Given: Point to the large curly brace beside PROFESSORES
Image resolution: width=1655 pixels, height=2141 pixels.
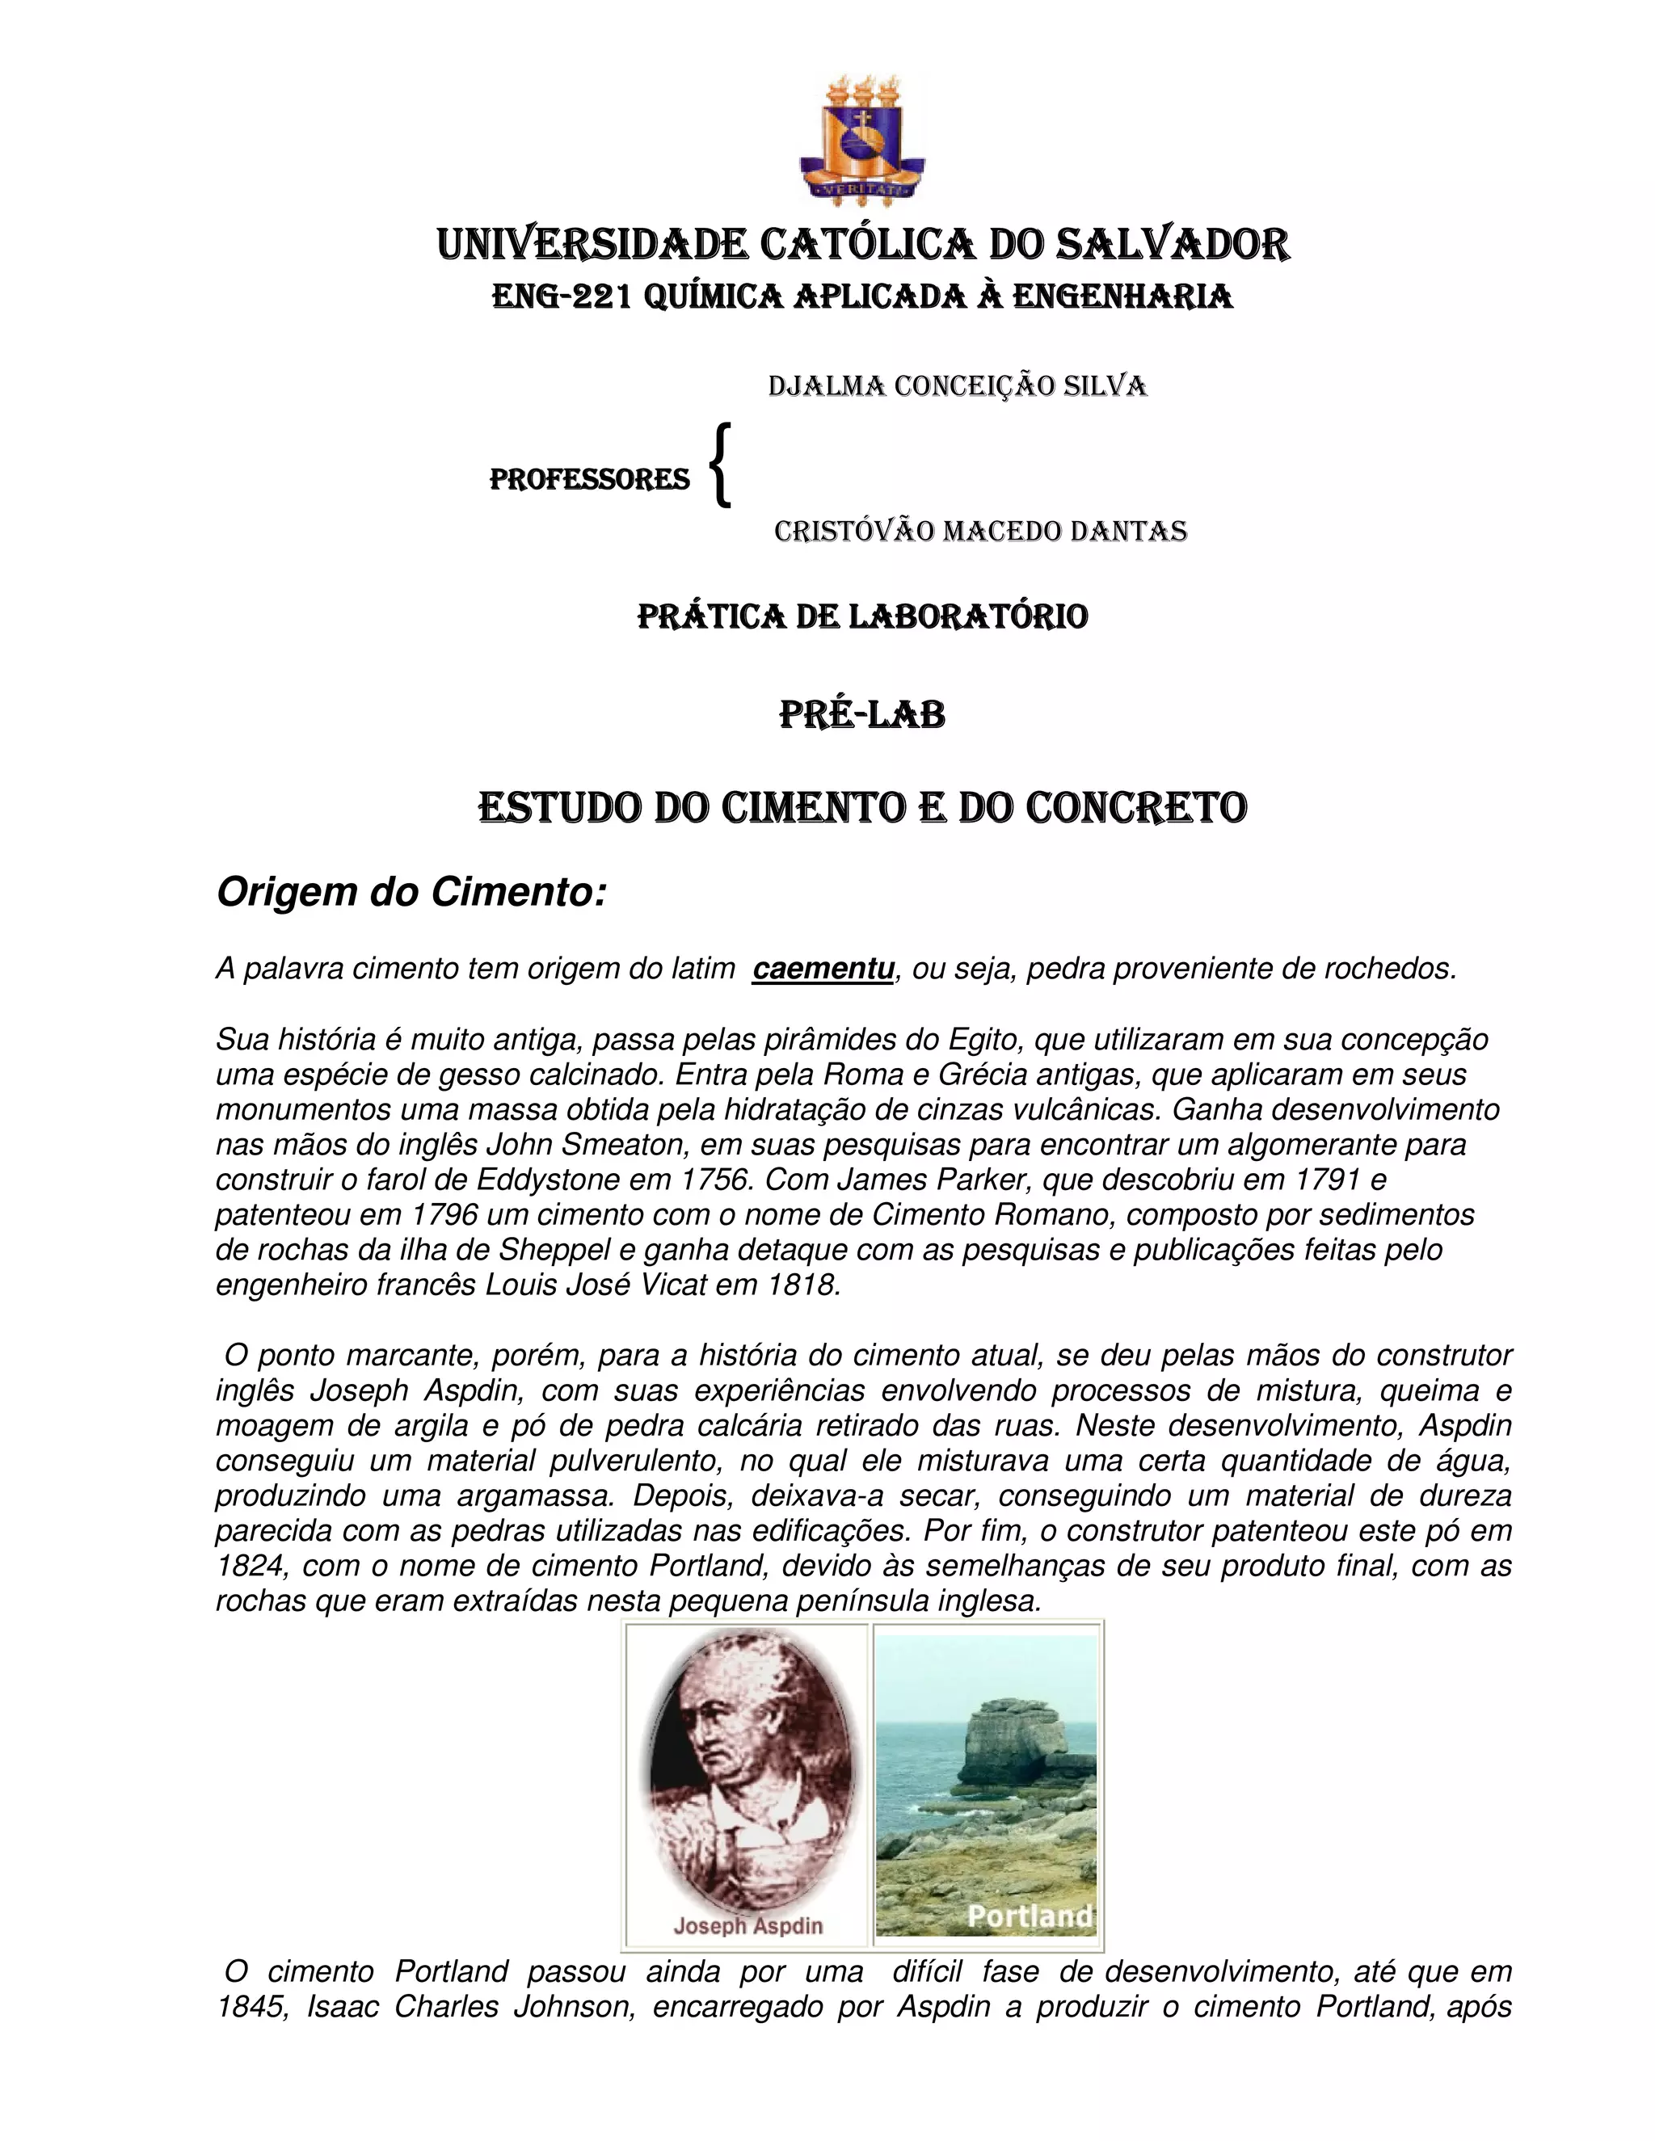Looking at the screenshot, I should point(722,465).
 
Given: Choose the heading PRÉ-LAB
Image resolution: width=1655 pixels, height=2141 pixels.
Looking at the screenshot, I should point(861,715).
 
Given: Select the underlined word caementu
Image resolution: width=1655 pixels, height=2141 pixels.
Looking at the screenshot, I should point(823,969).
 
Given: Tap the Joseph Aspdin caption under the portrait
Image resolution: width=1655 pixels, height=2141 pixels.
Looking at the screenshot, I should point(747,1926).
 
